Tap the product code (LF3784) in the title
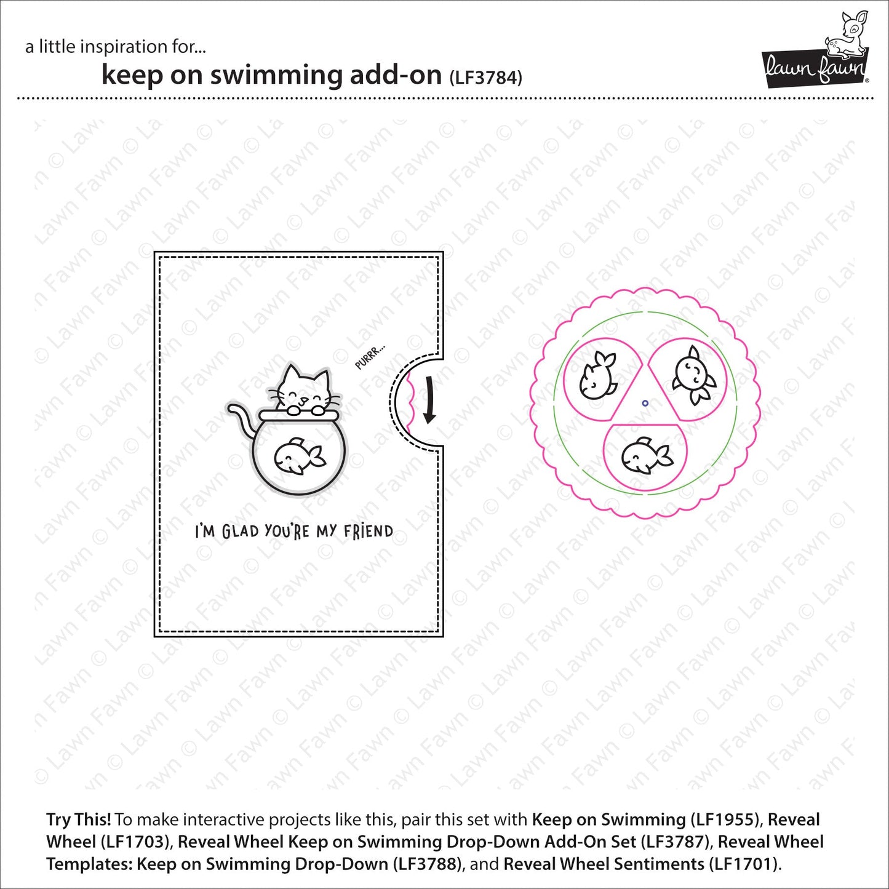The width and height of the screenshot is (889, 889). pos(485,78)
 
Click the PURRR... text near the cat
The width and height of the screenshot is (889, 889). pos(370,357)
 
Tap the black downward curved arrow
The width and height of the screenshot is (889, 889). pos(429,399)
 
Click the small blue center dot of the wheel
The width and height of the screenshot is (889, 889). pos(645,404)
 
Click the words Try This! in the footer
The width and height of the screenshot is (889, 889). pos(79,819)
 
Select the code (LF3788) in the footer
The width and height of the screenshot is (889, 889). pos(428,864)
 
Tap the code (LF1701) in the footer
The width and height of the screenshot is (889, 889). pos(743,864)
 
